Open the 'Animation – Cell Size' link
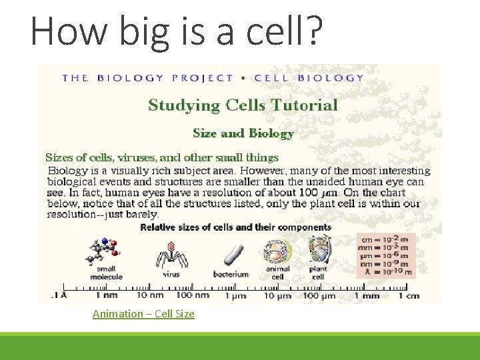(x=143, y=313)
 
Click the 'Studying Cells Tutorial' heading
(x=243, y=105)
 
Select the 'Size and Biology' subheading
(x=243, y=133)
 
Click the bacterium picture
(x=231, y=256)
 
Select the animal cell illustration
(x=277, y=253)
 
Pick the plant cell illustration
(x=318, y=251)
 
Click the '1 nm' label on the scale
(x=106, y=295)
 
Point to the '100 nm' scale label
(x=192, y=295)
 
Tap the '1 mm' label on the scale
(x=367, y=295)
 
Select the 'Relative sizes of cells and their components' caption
(x=235, y=227)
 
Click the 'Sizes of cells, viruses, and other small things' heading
(x=161, y=158)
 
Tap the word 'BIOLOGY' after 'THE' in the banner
(x=130, y=77)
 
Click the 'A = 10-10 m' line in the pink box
(x=385, y=272)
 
